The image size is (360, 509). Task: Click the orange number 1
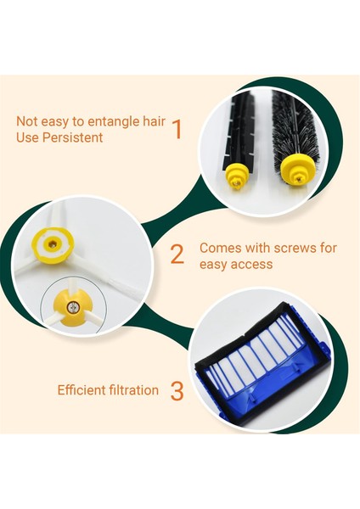point(177,129)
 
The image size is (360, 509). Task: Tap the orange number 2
point(177,254)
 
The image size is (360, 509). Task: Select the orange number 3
point(177,391)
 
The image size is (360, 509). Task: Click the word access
point(252,264)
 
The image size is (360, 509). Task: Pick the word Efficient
point(83,390)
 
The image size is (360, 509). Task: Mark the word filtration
point(136,390)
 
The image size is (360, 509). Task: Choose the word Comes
point(219,248)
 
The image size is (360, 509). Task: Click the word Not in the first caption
point(27,121)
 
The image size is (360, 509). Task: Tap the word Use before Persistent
point(28,137)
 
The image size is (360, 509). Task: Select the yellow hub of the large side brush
point(53,243)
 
